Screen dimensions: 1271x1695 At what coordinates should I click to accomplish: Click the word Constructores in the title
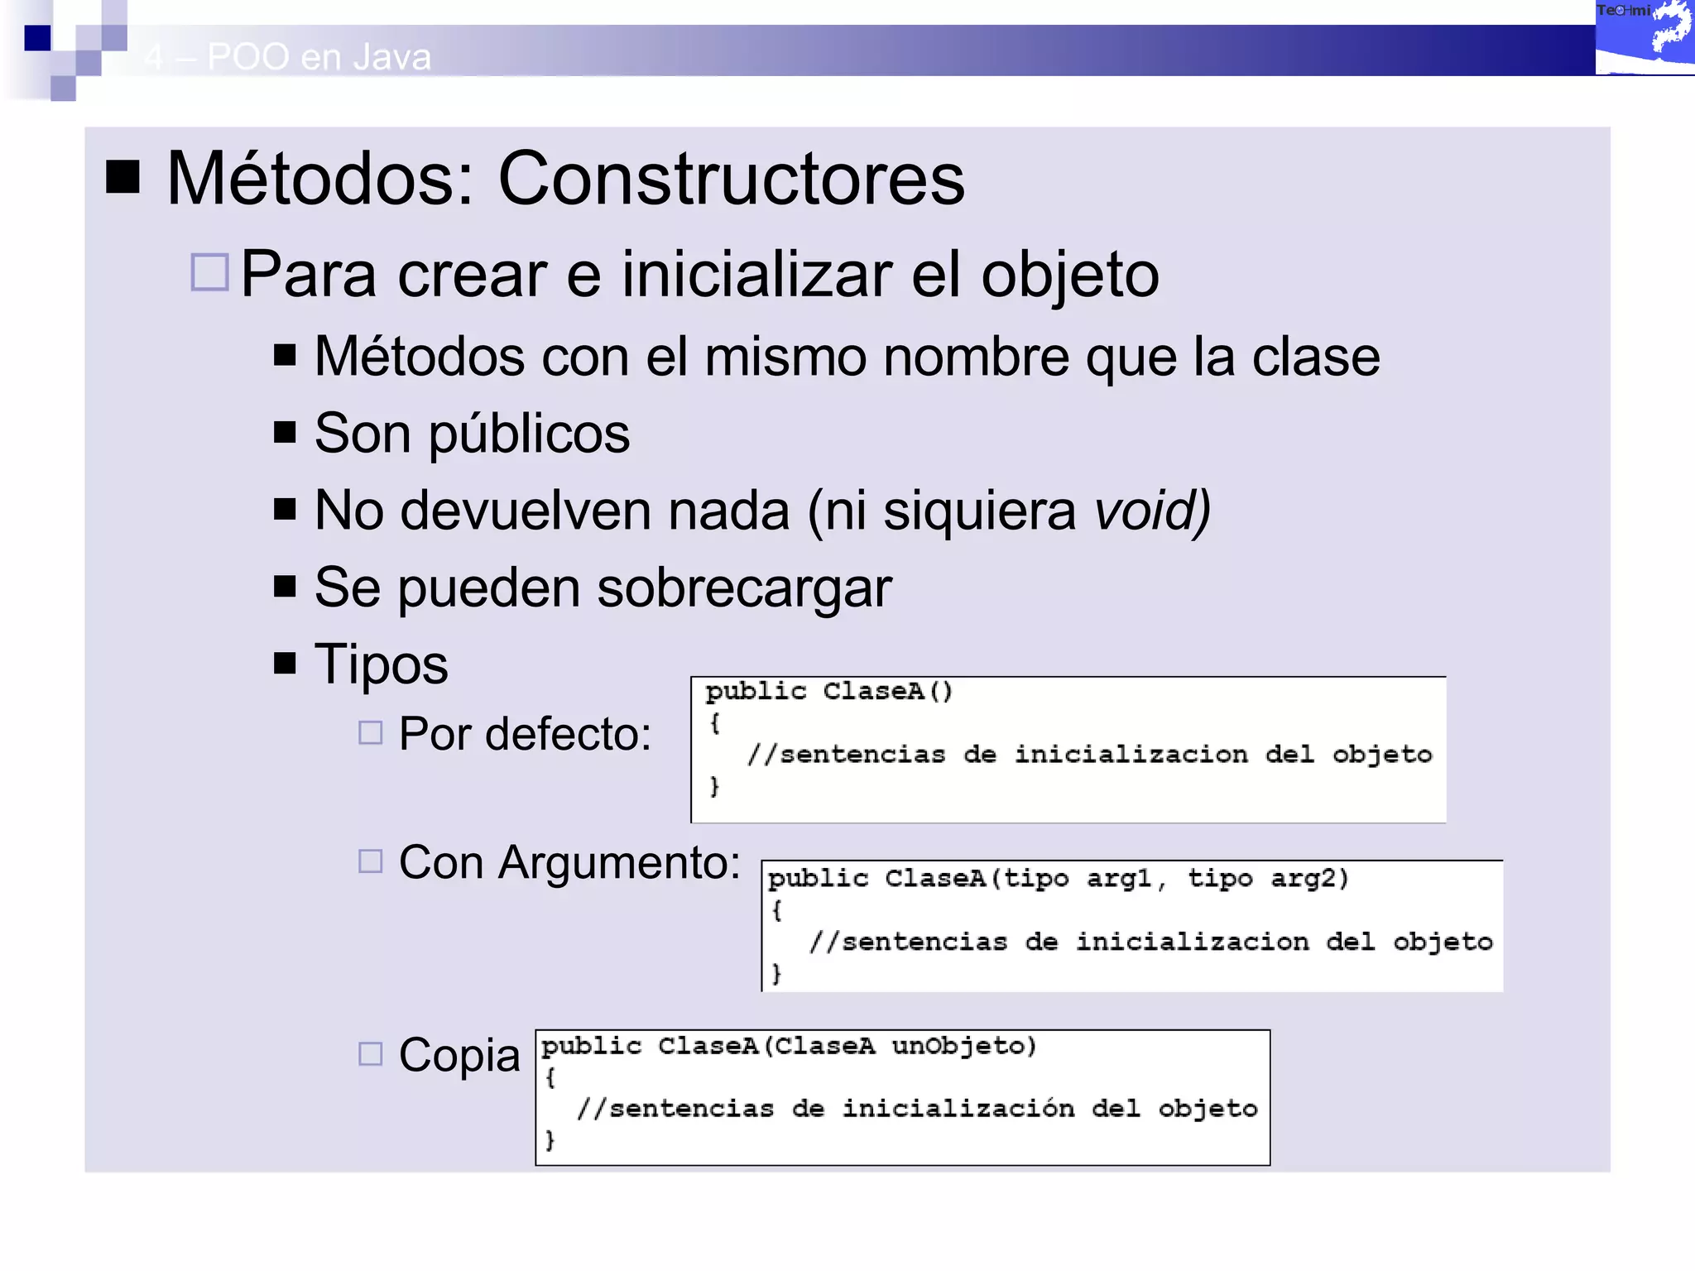731,179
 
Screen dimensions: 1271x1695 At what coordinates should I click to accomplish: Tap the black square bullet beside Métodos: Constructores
123,176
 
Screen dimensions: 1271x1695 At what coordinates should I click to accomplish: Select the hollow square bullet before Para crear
209,272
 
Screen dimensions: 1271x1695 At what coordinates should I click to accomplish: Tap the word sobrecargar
744,588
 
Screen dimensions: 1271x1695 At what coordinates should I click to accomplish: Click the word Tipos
381,664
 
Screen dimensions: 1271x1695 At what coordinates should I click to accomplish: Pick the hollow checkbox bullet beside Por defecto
370,732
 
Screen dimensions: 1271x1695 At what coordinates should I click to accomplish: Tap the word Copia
459,1055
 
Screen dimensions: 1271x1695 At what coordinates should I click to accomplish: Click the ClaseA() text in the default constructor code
887,691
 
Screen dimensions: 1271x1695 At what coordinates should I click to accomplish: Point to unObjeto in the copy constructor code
963,1046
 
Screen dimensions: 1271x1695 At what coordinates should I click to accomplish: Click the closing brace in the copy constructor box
550,1139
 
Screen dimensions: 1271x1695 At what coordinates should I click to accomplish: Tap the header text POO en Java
319,57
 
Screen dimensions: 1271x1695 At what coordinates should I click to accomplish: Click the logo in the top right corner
1644,37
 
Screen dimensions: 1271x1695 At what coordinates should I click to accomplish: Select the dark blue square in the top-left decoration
37,38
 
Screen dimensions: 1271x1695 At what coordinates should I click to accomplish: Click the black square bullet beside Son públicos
285,432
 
